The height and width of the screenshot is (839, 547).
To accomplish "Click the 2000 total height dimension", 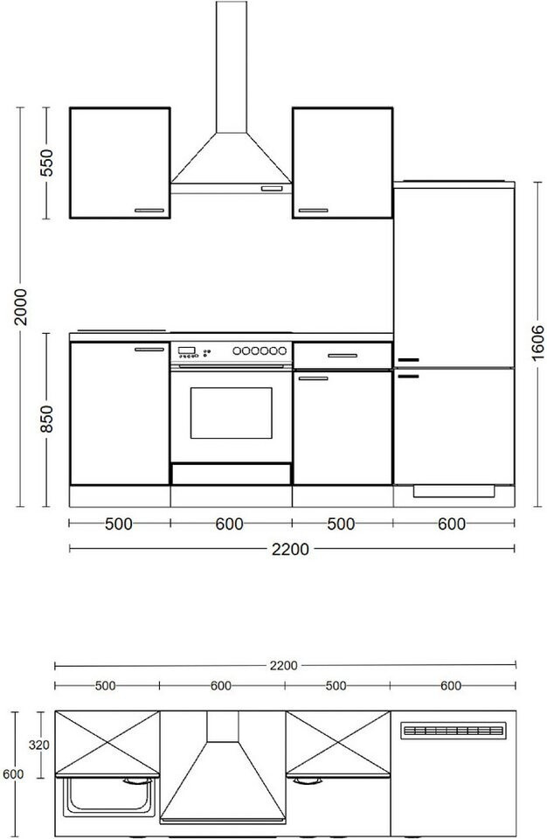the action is [20, 307].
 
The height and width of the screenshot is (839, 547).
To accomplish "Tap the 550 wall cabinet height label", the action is [46, 163].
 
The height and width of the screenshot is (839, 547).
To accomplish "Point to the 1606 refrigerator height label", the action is [538, 343].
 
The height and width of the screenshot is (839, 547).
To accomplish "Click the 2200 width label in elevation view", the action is [290, 549].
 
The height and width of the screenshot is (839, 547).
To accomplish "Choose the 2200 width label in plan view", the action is [283, 666].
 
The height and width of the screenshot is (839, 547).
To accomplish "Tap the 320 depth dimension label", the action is [39, 745].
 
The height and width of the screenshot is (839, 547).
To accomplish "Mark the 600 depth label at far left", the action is [13, 773].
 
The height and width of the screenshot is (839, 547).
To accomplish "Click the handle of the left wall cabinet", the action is [149, 211].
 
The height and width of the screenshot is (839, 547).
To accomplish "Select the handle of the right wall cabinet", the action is [313, 211].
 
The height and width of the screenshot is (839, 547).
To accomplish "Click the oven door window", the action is [232, 413].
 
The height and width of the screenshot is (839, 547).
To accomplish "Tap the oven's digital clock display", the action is [186, 350].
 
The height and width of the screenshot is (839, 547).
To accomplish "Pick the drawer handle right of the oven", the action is [343, 356].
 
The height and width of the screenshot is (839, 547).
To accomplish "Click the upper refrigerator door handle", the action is [408, 359].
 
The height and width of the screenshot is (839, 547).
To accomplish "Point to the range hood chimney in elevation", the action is [232, 67].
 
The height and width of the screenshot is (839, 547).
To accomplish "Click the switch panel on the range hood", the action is [272, 189].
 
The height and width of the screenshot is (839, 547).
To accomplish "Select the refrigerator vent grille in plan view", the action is [454, 731].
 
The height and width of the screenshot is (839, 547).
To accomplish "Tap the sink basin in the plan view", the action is [108, 797].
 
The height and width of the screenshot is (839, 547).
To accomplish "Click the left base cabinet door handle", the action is [149, 350].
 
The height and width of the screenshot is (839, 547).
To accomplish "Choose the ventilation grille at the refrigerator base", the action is [454, 491].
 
